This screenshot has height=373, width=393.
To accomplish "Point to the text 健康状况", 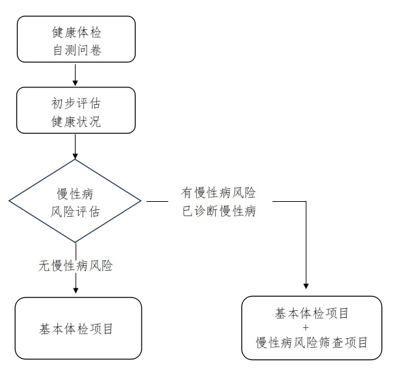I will click(75, 123).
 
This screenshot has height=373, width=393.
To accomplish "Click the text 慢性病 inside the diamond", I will click(75, 193).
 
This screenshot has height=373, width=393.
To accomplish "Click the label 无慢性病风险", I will click(76, 266).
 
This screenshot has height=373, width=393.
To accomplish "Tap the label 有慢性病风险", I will click(218, 193).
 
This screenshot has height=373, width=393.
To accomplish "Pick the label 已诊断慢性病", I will click(218, 211).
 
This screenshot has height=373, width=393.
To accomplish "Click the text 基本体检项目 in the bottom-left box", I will click(76, 329).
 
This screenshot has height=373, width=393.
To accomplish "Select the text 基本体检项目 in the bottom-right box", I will click(312, 314).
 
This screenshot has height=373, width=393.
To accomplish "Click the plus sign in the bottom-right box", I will click(312, 328).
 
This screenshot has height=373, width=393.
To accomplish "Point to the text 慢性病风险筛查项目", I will click(312, 342).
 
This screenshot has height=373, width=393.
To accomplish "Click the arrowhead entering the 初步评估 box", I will click(75, 85).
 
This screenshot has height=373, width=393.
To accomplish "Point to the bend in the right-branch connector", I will click(306, 201).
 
